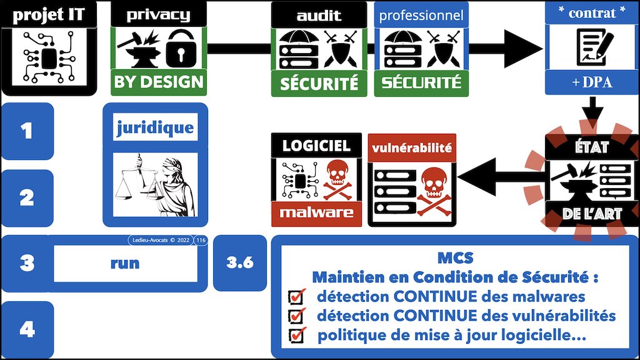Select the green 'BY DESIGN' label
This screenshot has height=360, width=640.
159,82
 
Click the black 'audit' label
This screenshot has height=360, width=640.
319,15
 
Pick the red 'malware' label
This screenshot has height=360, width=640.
316,212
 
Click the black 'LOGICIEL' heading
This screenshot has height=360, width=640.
316,146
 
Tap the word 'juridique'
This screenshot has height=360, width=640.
155,129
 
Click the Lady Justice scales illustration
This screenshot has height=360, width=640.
155,184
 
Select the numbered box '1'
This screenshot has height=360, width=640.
26,131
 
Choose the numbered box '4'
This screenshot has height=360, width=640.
26,329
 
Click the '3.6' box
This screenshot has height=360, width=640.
240,262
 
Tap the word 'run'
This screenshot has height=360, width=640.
125,263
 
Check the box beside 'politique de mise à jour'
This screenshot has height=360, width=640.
296,335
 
